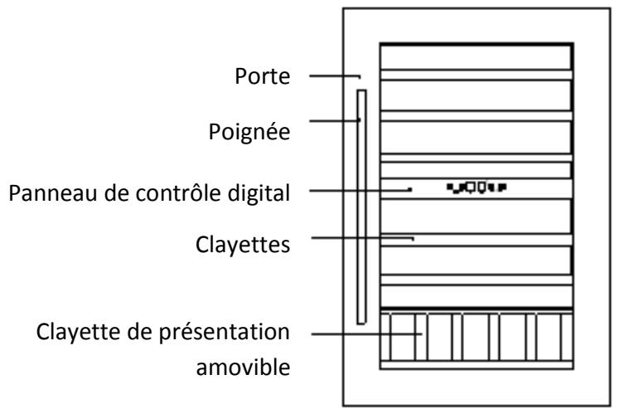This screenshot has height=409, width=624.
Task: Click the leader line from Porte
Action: [x=334, y=77]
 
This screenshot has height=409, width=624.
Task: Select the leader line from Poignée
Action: [x=334, y=121]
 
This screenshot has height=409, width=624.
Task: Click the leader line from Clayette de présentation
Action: [x=365, y=335]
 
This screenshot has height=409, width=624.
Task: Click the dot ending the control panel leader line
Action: [x=410, y=190]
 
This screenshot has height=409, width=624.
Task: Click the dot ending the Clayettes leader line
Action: [x=414, y=241]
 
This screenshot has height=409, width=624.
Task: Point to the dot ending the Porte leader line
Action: [x=360, y=77]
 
